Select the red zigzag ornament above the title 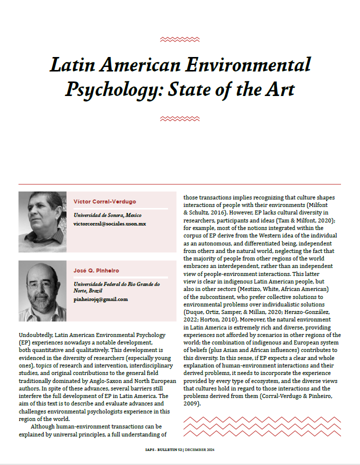click(179, 39)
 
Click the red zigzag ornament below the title click(179, 119)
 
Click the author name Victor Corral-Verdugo click(104, 201)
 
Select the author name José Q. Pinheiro click(96, 270)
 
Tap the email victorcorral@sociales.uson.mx click(109, 223)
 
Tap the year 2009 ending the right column click(192, 403)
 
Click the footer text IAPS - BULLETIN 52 click(159, 450)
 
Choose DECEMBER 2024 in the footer click(202, 450)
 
